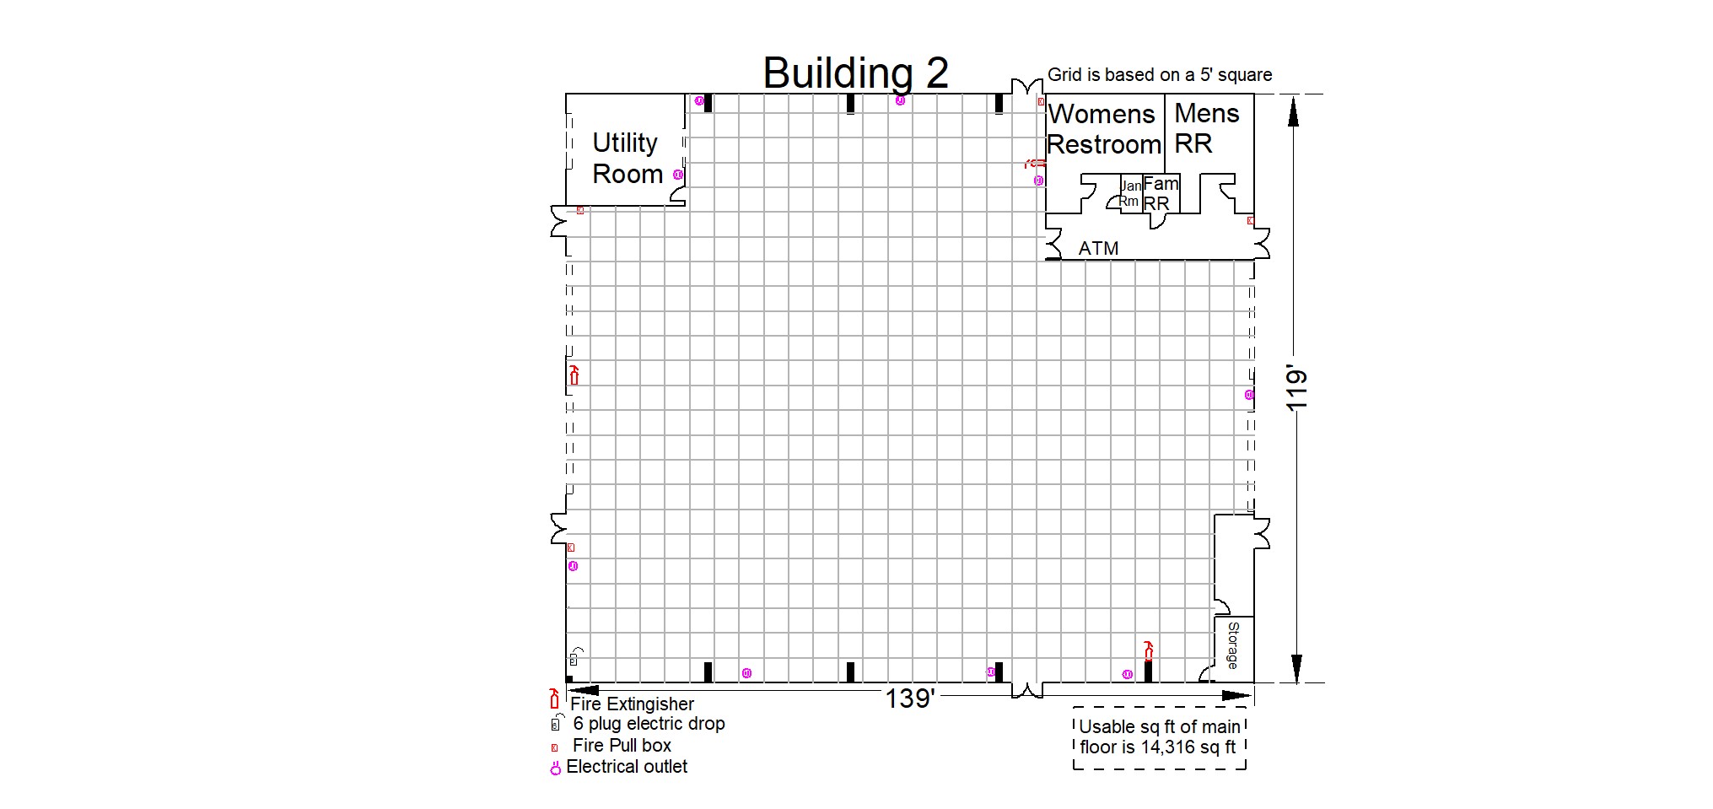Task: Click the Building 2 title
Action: (855, 73)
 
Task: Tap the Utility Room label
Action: (627, 158)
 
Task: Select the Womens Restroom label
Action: (1104, 129)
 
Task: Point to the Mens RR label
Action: (1206, 128)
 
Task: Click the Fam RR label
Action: (1160, 193)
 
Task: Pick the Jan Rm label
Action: (1130, 193)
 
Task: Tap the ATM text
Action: (1098, 248)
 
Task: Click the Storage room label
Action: (1232, 645)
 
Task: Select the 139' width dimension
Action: (908, 698)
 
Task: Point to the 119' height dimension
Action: (1296, 390)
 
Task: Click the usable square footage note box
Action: (1160, 737)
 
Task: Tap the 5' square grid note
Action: (1160, 74)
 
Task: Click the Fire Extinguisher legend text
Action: (632, 704)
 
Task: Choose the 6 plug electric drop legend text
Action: (649, 724)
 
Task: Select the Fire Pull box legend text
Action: (622, 746)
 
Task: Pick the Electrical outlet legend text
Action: (627, 767)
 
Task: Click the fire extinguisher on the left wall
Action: (574, 375)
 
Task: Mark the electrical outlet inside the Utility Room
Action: (678, 175)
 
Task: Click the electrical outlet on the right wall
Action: (1249, 395)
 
